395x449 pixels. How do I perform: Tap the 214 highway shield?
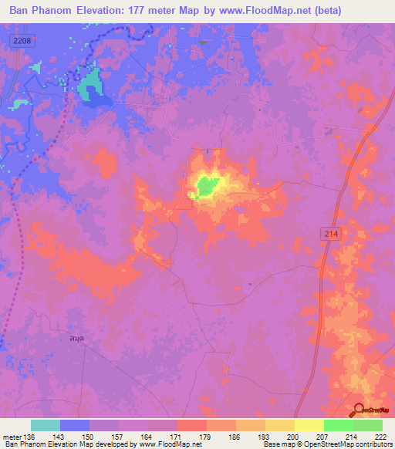(x=327, y=232)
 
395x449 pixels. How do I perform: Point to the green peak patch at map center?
(x=204, y=187)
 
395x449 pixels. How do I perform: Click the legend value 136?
(x=29, y=437)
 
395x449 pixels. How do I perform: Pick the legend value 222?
(x=381, y=437)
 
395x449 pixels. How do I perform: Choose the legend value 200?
(x=294, y=437)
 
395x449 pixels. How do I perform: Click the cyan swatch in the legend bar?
(x=46, y=425)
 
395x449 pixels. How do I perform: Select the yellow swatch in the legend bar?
(x=309, y=425)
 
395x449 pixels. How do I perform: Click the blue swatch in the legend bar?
(x=75, y=425)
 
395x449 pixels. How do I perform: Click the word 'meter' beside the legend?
(x=12, y=437)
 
